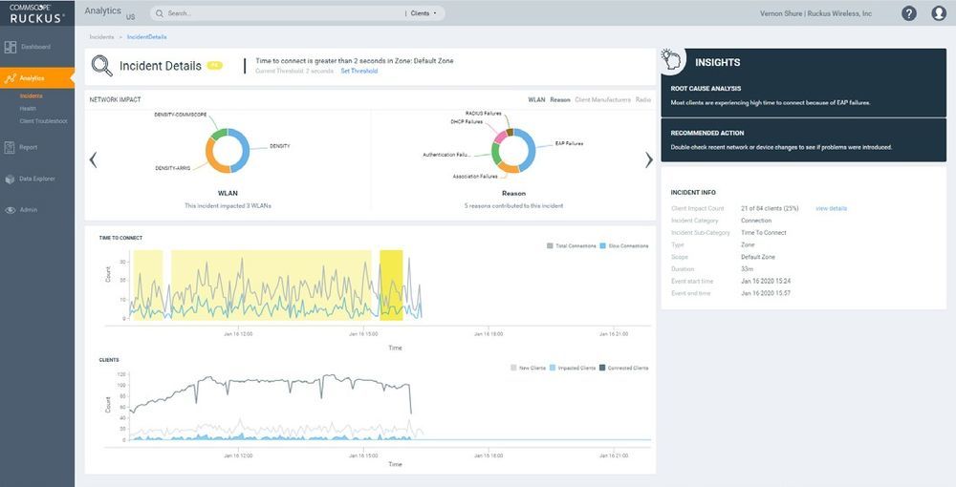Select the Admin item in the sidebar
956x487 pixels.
[29, 210]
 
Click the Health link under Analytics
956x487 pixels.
[28, 109]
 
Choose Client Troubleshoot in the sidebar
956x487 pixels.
[43, 121]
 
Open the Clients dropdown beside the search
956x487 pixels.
[423, 13]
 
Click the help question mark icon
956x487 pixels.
[908, 13]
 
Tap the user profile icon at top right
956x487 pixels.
[939, 13]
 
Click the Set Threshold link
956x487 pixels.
[359, 71]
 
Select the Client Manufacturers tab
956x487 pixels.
[602, 99]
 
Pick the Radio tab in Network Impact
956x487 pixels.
[643, 99]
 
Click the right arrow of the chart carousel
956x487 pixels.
[649, 159]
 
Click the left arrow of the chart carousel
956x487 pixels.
[93, 159]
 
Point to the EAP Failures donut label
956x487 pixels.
[569, 144]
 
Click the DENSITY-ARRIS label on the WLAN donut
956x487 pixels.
[173, 168]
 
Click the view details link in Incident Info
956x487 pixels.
[831, 208]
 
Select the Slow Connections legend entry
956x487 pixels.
[626, 246]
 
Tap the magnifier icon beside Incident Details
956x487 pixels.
[101, 66]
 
